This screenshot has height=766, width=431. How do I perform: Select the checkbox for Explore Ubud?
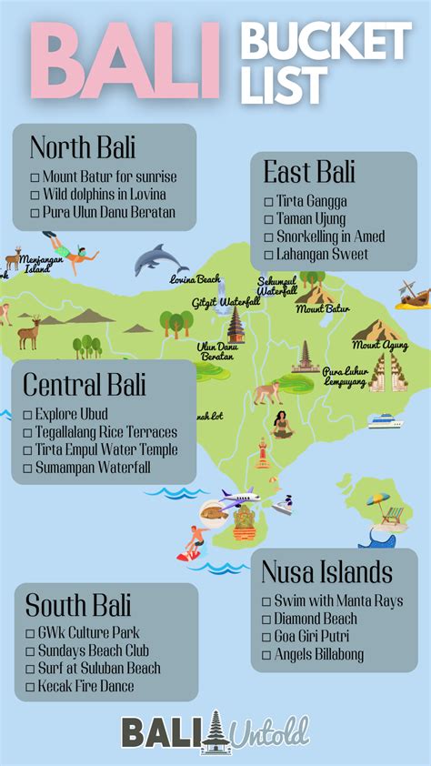(x=28, y=415)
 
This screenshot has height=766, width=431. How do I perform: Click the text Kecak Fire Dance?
(x=85, y=685)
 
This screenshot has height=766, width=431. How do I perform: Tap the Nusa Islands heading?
(x=326, y=572)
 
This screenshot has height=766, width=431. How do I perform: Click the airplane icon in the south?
(x=239, y=497)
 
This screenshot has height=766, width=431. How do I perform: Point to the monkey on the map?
(x=266, y=393)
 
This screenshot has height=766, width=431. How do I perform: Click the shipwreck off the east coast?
(x=413, y=295)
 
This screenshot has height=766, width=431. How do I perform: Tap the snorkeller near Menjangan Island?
(x=70, y=248)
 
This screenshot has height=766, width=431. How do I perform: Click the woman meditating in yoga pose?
(x=283, y=424)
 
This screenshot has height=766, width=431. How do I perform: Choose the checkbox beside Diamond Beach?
(x=266, y=620)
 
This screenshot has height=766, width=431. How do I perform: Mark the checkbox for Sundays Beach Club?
(x=30, y=650)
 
